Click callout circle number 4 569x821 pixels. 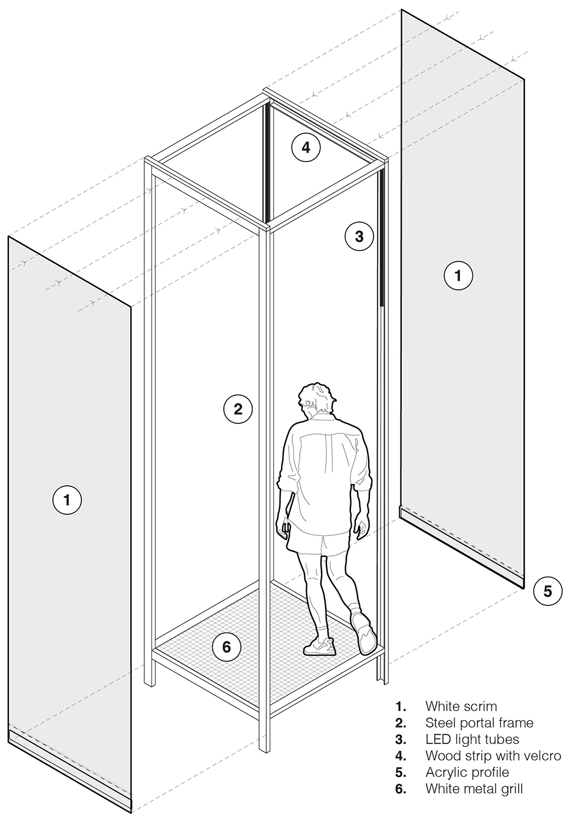click(x=306, y=148)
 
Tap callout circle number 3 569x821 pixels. click(x=359, y=236)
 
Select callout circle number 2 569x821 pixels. click(x=238, y=409)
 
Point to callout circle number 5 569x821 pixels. click(x=547, y=591)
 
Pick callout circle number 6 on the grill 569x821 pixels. click(x=227, y=647)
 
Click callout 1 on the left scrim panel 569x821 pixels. click(x=67, y=499)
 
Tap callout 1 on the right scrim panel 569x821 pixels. click(x=458, y=275)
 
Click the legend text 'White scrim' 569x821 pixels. click(x=461, y=706)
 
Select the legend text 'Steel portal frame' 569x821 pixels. click(x=479, y=723)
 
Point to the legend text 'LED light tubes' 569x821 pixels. click(x=472, y=739)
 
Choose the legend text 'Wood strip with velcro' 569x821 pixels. click(x=493, y=756)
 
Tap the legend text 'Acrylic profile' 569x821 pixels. click(x=467, y=772)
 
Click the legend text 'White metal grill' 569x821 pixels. click(x=474, y=789)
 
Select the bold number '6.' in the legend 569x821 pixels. click(x=401, y=789)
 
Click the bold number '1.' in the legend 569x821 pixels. click(x=401, y=706)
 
